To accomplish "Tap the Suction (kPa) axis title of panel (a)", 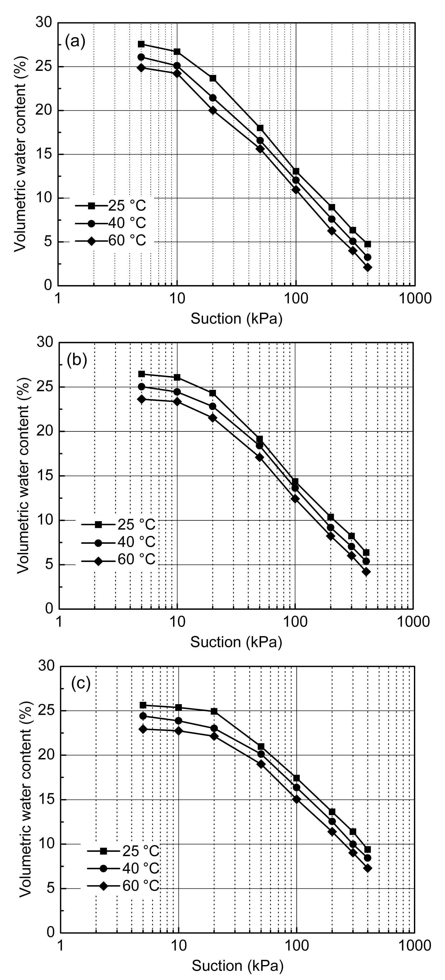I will coord(236,318).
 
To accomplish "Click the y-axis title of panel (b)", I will coord(24,474).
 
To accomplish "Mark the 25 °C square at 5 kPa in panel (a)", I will coord(141,44).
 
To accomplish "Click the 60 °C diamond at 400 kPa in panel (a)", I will coord(368,267).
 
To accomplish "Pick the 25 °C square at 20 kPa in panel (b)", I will coord(212,393).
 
